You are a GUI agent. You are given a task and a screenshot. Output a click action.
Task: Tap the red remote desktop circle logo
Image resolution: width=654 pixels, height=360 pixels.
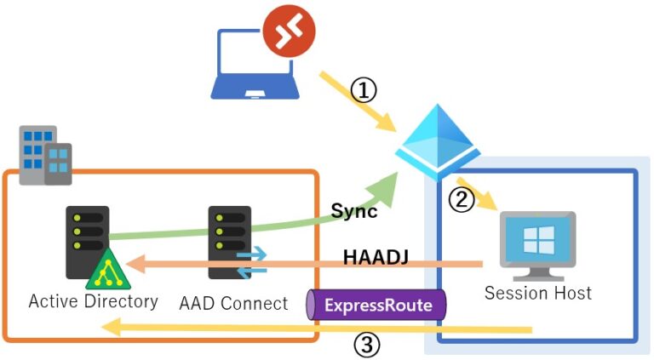[x=289, y=33]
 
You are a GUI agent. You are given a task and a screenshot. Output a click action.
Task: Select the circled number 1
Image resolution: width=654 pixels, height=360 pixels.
[x=364, y=90]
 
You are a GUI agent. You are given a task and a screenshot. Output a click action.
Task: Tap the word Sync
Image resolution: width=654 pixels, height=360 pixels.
[x=353, y=212]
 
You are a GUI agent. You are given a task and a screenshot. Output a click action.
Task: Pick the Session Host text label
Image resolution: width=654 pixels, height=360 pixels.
[x=537, y=293]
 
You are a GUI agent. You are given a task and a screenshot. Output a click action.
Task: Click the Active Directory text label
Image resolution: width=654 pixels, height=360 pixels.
[x=93, y=301]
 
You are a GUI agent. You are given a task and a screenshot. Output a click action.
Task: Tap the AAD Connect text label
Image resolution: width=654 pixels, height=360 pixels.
[x=233, y=302]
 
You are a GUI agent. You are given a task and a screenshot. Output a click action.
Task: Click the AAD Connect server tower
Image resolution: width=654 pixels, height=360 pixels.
[x=229, y=242]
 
